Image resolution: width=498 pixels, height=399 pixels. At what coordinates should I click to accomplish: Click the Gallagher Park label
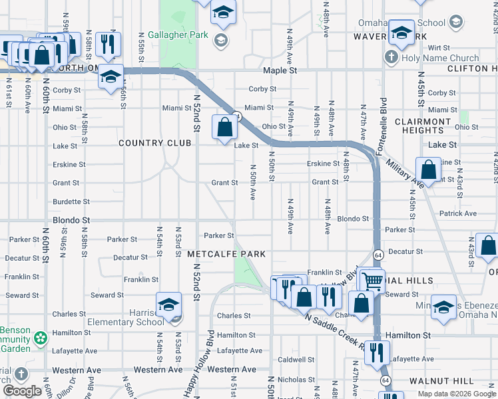[x=178, y=35]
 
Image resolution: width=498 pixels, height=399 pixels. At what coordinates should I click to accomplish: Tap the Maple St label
[x=280, y=70]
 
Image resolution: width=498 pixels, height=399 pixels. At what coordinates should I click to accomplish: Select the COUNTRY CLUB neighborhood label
[x=149, y=143]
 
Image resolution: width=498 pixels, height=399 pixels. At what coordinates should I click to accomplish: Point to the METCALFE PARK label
[x=226, y=254]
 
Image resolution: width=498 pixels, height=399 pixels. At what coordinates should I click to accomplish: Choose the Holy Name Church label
[x=440, y=58]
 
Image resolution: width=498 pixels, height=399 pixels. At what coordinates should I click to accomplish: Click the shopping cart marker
[x=372, y=281]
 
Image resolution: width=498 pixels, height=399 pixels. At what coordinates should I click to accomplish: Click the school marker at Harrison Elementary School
[x=169, y=305]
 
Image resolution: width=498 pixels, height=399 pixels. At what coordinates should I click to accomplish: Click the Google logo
[x=23, y=391]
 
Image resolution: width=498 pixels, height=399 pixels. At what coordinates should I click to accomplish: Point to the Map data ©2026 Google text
[x=457, y=394]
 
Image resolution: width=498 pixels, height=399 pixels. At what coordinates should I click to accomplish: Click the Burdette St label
[x=71, y=201]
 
